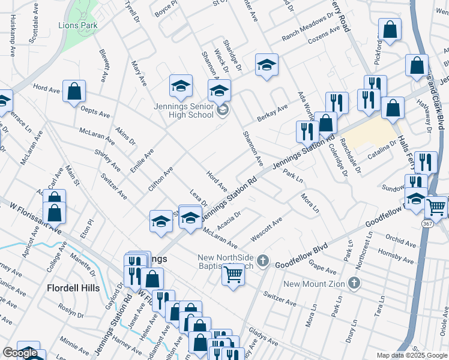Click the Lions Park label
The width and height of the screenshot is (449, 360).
(77, 25)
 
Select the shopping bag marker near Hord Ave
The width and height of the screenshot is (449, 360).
(74, 92)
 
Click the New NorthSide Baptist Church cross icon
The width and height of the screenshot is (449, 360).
(263, 259)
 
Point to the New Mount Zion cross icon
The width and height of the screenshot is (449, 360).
(355, 283)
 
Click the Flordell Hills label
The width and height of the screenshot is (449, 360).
(73, 288)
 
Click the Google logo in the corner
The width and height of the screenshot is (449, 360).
(20, 353)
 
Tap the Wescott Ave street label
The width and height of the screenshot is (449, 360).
(267, 230)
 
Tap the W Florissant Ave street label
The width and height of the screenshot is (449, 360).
(35, 219)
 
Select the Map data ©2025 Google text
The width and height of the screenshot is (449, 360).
(412, 355)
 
